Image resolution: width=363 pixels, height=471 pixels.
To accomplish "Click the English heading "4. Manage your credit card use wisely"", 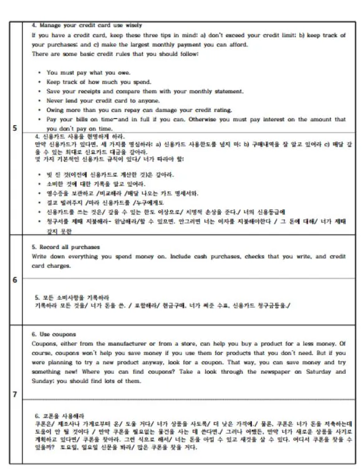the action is click(x=78, y=26).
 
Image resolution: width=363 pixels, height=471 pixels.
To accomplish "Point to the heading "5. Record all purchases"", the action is click(x=66, y=247).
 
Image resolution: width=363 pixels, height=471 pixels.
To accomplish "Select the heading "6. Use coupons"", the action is click(x=56, y=334).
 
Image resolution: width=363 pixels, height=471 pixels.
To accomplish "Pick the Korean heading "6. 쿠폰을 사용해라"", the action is click(x=60, y=415).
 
